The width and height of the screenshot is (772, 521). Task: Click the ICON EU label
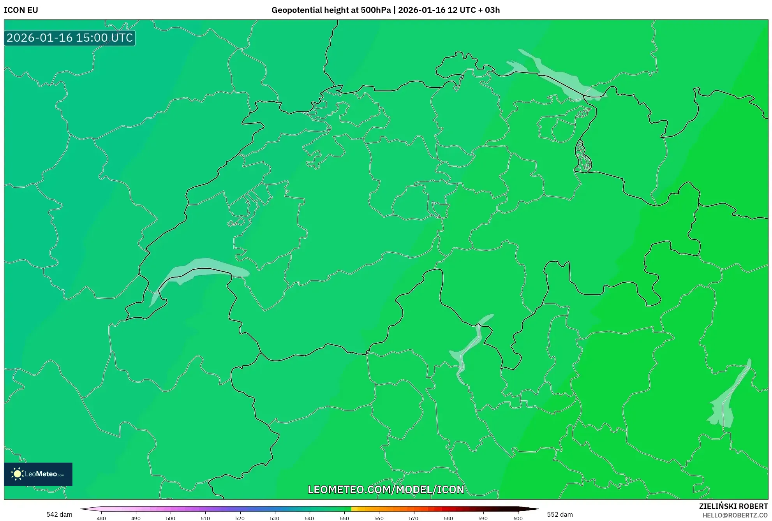[x=21, y=10]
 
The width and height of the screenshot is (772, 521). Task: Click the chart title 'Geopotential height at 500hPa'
[x=331, y=10]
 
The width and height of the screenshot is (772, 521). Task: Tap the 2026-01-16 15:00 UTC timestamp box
[x=70, y=38]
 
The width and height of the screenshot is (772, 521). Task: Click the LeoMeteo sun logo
[x=17, y=474]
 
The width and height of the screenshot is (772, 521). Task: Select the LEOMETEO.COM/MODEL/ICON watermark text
[x=386, y=489]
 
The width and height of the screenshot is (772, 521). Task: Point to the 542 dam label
[x=59, y=514]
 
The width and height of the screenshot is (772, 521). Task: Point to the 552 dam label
[x=560, y=514]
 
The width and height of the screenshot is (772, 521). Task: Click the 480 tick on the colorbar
[x=101, y=518]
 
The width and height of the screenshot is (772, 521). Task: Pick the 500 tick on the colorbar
[x=171, y=518]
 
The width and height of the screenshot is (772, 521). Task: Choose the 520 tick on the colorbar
[x=240, y=518]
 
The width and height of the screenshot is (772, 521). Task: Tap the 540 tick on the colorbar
[x=309, y=518]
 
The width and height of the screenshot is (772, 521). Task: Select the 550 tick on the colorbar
[x=344, y=518]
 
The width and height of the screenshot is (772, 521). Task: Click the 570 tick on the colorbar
[x=414, y=518]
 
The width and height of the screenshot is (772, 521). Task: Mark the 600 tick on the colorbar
[x=518, y=518]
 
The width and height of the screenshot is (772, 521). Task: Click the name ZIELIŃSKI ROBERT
[x=733, y=506]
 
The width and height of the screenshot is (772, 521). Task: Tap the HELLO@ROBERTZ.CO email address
[x=735, y=515]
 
